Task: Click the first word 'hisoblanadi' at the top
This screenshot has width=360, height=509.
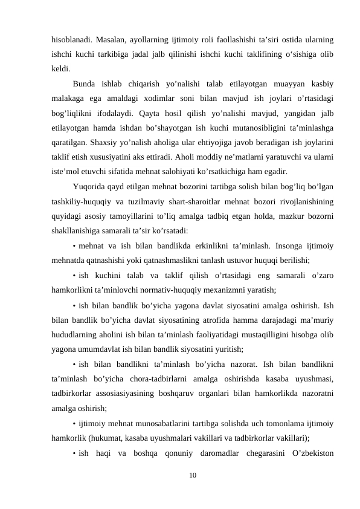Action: pyautogui.click(x=71, y=40)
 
